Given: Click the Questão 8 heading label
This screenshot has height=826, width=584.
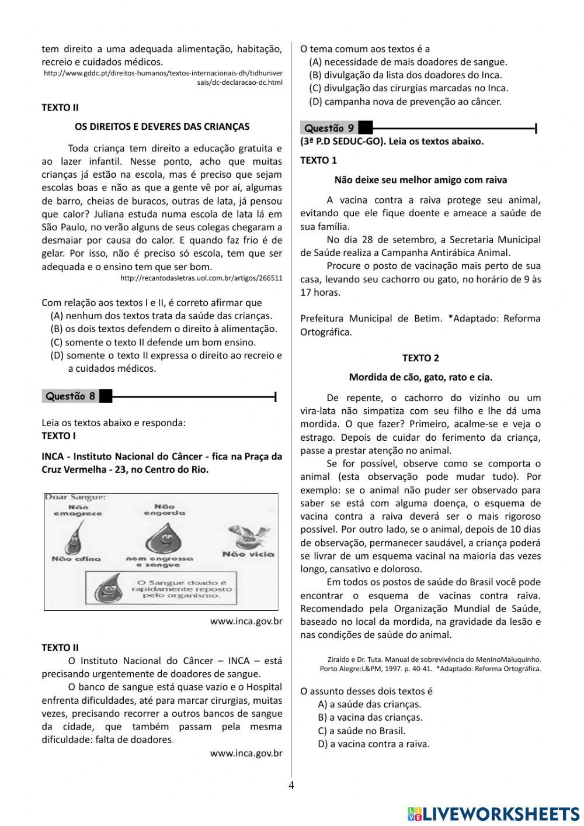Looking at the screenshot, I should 71,396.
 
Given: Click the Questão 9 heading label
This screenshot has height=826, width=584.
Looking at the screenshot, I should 329,128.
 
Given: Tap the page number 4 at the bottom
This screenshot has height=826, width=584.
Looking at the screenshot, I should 291,785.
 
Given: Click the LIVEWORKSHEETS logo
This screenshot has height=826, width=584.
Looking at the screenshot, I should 493,813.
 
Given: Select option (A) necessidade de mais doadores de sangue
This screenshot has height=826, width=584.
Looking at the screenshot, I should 408,62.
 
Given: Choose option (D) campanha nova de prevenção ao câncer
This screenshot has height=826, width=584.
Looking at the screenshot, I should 405,102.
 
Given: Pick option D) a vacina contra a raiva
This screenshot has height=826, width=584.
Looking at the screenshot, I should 374,744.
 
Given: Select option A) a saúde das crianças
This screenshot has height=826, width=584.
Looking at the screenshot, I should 370,704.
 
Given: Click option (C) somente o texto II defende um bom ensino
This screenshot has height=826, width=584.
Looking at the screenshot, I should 154,342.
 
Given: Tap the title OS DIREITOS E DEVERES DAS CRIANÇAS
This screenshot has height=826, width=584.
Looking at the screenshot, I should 162,126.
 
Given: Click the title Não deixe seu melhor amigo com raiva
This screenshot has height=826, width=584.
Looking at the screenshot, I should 420,180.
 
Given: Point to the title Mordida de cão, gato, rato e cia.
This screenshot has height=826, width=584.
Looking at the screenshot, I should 420,377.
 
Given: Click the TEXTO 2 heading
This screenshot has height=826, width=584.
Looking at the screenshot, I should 420,358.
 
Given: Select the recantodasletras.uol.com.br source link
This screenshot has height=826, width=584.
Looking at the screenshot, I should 201,278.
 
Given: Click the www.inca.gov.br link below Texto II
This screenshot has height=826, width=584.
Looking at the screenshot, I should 246,754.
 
